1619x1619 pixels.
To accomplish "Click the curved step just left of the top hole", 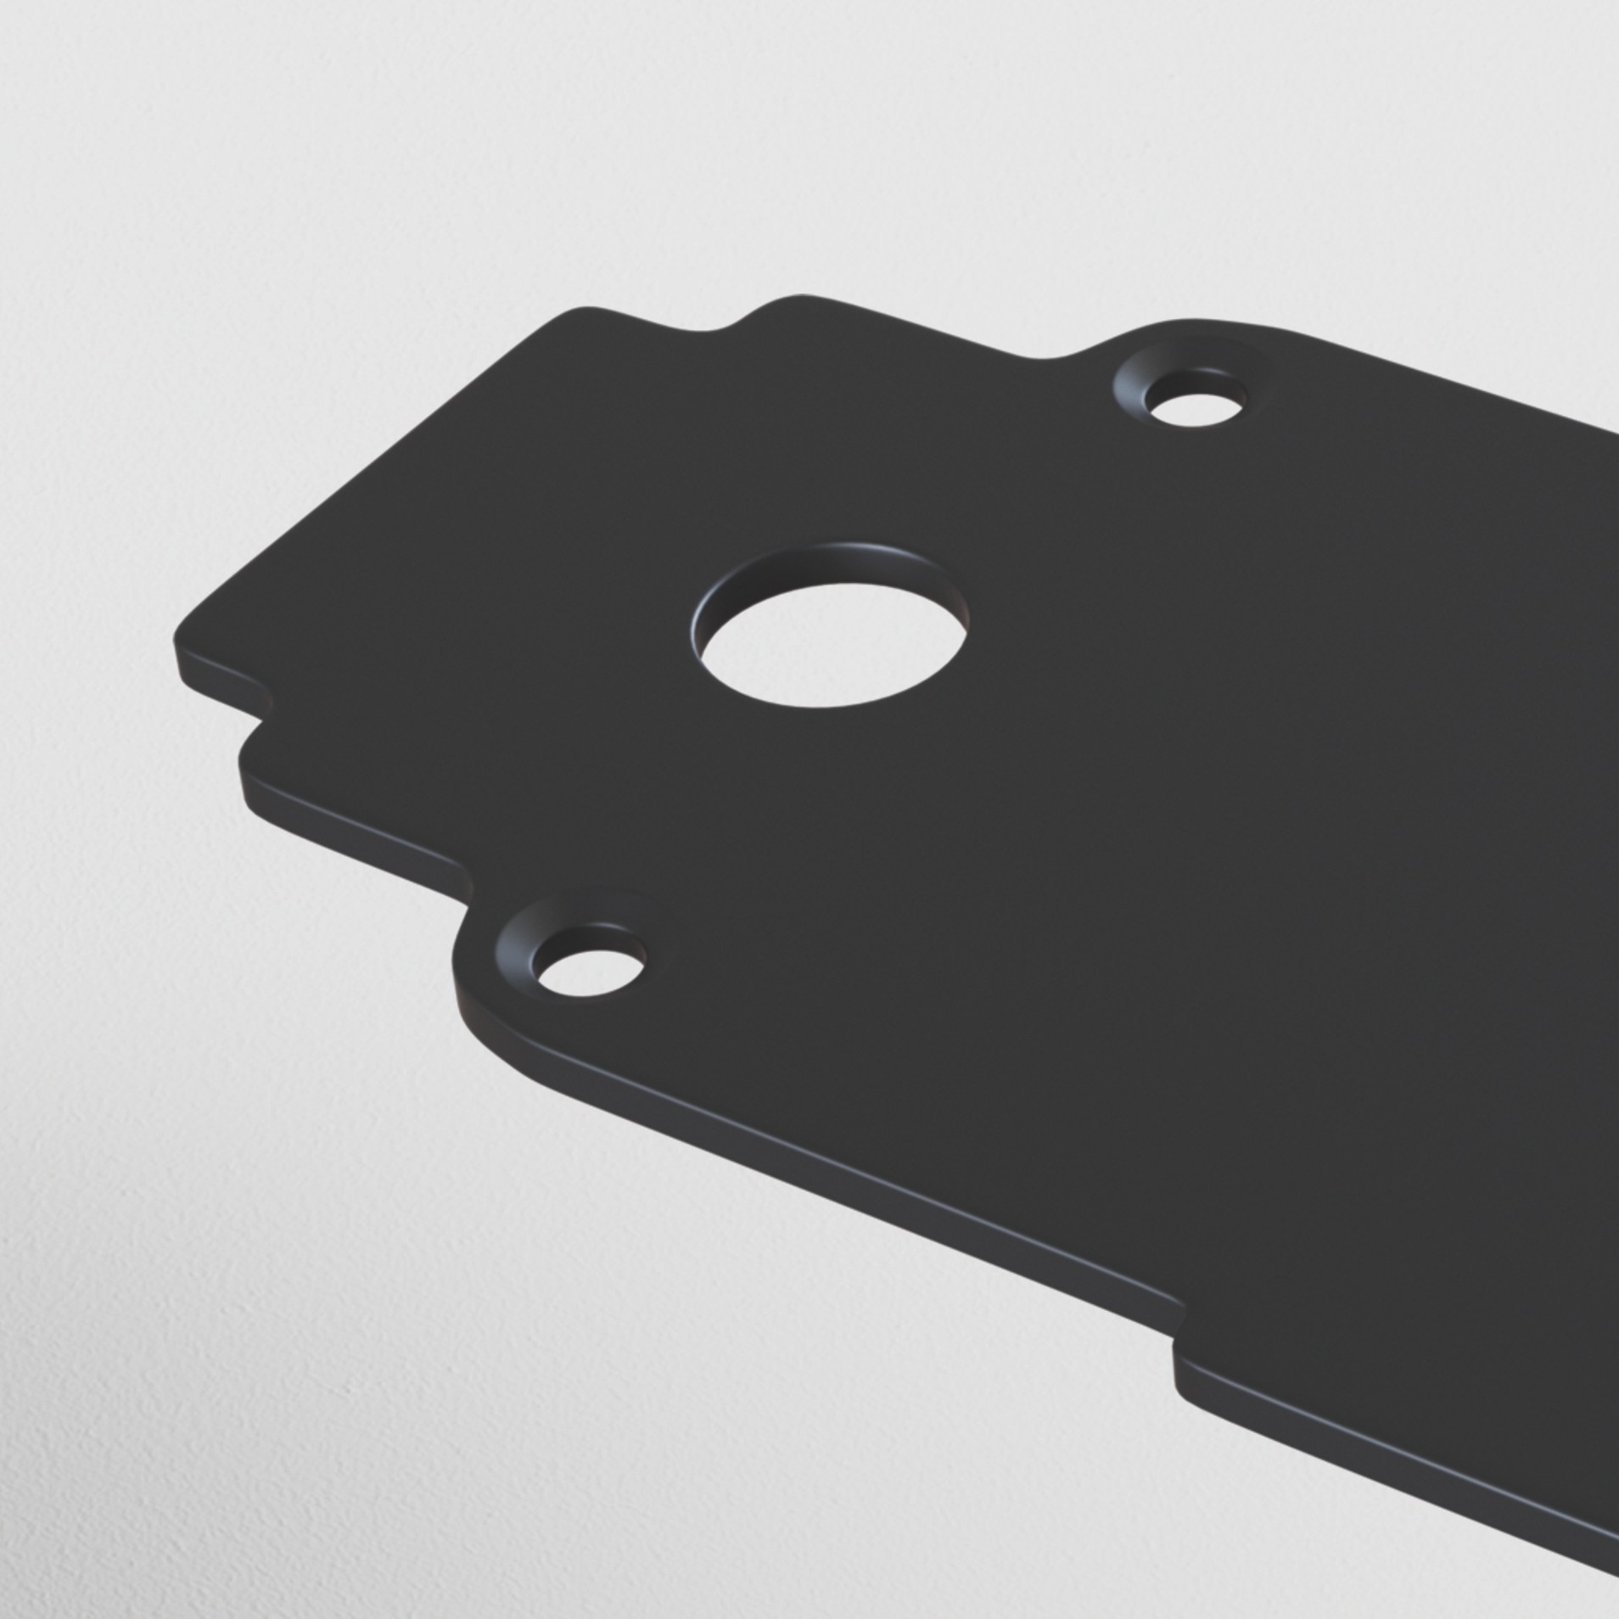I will click(1078, 352).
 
